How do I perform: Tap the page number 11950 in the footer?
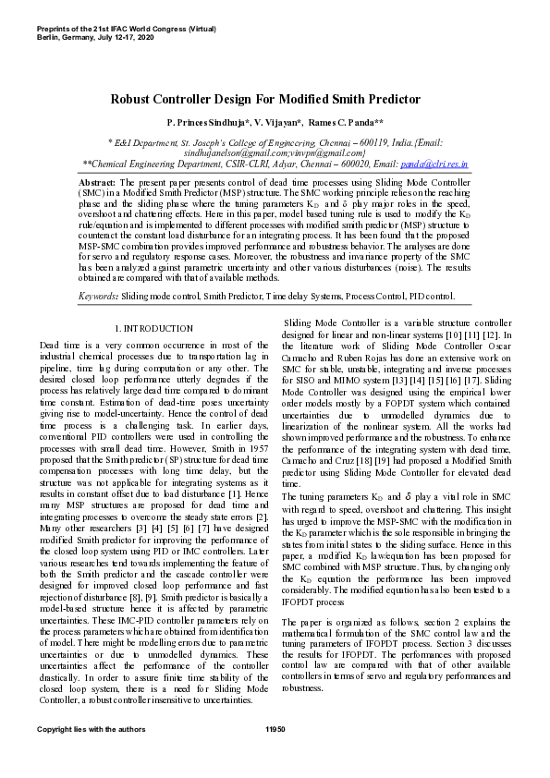pos(275,730)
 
